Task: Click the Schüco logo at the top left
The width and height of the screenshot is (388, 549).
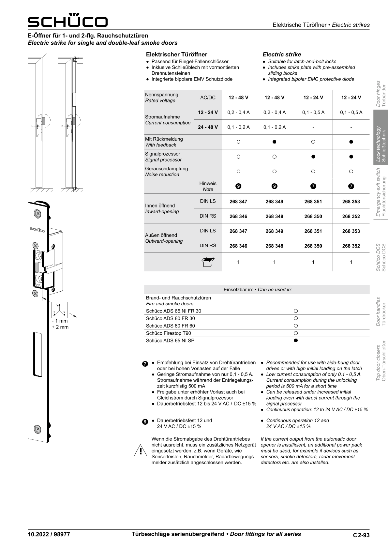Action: [x=67, y=21]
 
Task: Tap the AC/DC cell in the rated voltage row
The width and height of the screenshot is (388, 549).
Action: [x=208, y=98]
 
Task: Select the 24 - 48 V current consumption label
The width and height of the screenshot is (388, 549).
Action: [x=208, y=127]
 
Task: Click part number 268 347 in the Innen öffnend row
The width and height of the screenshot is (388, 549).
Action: [x=238, y=202]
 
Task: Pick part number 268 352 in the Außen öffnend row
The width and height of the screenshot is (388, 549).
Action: [x=351, y=246]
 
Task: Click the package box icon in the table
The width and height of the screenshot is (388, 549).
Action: [x=207, y=262]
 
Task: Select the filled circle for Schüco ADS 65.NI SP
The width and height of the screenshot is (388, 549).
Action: [x=296, y=341]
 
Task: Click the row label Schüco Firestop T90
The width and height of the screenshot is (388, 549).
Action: [x=169, y=333]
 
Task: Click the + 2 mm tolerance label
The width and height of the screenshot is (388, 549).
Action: [x=60, y=327]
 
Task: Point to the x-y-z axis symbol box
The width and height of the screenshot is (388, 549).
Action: [x=60, y=310]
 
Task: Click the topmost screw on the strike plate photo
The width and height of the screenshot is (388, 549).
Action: [x=38, y=214]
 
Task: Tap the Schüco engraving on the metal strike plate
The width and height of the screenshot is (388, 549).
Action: [x=37, y=230]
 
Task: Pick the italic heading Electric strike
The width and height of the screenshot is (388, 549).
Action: [x=282, y=54]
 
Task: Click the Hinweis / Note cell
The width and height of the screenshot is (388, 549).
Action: [x=208, y=186]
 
